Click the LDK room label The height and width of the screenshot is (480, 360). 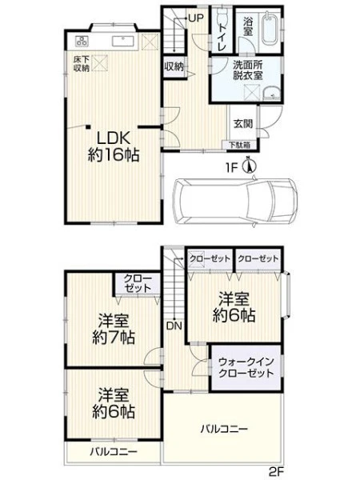[x=114, y=146]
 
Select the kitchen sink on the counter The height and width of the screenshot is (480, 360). [x=122, y=41]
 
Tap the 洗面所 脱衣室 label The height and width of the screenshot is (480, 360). [x=248, y=70]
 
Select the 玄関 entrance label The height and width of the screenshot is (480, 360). [x=243, y=124]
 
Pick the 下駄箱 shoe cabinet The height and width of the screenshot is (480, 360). [x=240, y=145]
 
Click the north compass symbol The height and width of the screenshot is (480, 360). [x=250, y=166]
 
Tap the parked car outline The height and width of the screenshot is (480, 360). [x=235, y=202]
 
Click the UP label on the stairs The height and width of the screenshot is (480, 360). [x=196, y=18]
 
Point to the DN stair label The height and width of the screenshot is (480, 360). [x=174, y=326]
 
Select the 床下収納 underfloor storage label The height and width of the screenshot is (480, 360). [x=81, y=64]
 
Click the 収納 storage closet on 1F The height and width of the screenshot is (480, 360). [x=174, y=67]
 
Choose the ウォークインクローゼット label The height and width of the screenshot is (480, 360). [x=246, y=368]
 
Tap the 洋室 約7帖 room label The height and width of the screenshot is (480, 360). [x=114, y=329]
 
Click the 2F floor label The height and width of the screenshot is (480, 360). [x=277, y=471]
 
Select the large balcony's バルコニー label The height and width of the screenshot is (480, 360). [x=224, y=429]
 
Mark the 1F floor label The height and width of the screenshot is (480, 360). [x=232, y=168]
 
